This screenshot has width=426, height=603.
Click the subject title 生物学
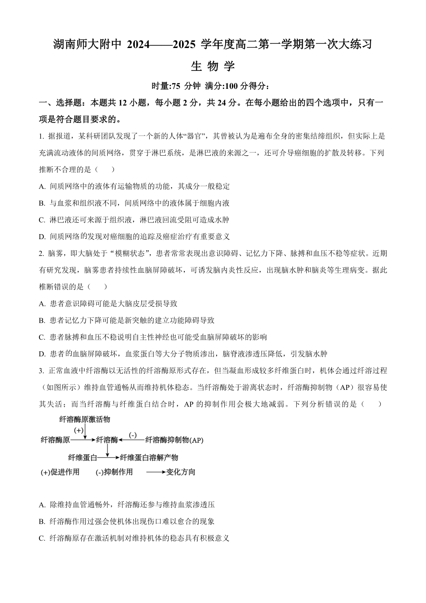tap(213, 66)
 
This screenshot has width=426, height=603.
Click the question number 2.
tap(41, 253)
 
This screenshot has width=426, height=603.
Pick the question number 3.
tap(41, 371)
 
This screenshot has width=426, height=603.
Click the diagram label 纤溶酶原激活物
tap(85, 419)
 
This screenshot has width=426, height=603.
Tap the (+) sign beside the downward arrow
tap(78, 430)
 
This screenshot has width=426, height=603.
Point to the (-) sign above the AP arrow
tap(133, 435)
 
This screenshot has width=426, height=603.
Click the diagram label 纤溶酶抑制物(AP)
tap(174, 441)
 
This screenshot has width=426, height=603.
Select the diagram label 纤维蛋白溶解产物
tap(149, 458)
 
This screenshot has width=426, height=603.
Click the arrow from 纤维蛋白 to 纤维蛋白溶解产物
tap(109, 458)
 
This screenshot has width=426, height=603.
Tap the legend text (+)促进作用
tap(60, 472)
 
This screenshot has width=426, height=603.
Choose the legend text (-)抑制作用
tap(114, 472)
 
